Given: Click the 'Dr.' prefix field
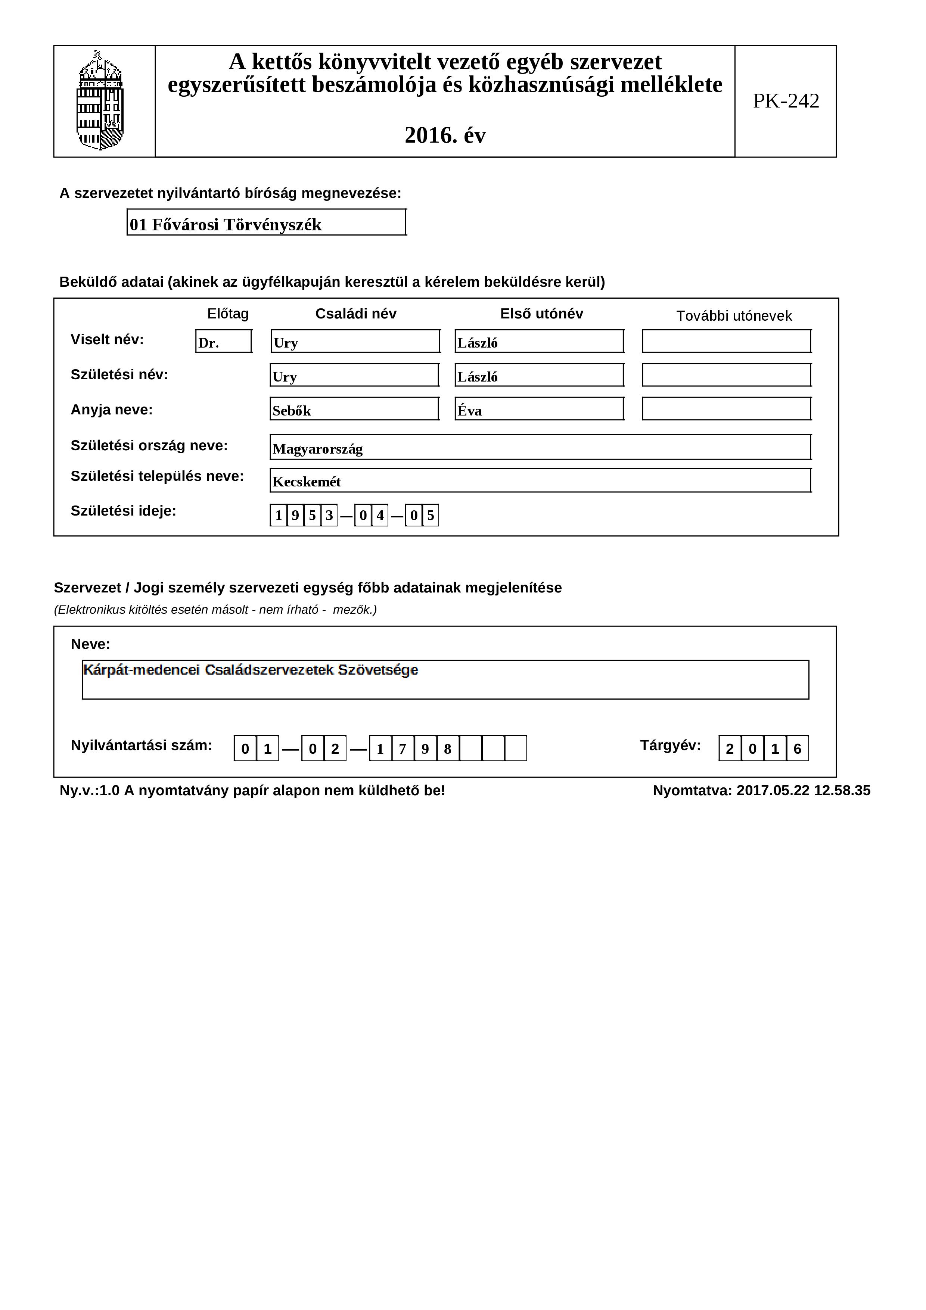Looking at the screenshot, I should tap(224, 342).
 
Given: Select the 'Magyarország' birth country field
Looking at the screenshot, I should tap(540, 447).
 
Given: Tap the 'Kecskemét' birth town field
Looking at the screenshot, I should tap(540, 481).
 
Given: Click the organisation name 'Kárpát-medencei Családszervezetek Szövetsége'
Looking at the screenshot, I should tap(251, 670).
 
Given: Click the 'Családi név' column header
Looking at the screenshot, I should tap(355, 314).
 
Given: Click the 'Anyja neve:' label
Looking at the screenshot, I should tap(112, 410).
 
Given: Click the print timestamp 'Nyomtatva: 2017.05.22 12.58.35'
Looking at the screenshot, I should tap(761, 791).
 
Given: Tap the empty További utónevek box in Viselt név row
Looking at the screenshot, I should tap(726, 342).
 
